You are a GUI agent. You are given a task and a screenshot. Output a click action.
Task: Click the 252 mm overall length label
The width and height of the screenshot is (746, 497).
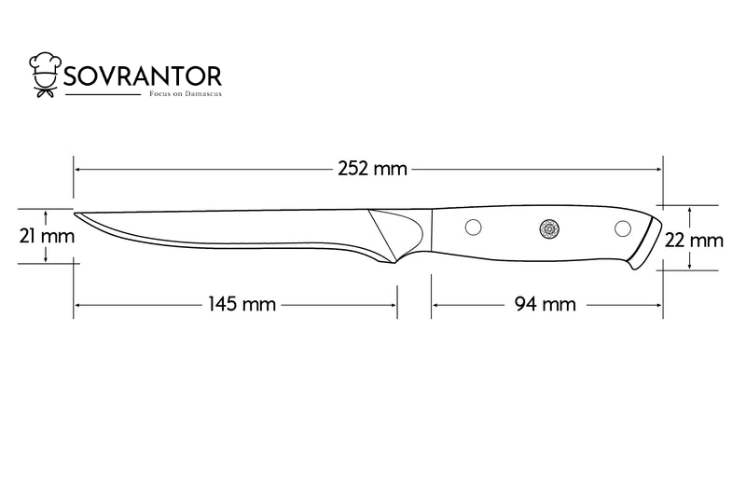coord(372,169)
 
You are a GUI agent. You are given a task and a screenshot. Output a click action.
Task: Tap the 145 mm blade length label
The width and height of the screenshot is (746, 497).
coord(242,304)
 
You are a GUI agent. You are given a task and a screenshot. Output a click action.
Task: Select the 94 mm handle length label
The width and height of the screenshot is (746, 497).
coord(546,304)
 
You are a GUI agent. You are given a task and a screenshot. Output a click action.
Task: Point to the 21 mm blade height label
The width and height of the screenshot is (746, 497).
coord(47,236)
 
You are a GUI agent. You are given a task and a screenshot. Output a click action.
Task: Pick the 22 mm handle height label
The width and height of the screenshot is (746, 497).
coord(694,241)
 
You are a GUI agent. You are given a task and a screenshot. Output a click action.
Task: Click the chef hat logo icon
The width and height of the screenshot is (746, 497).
coord(45,75)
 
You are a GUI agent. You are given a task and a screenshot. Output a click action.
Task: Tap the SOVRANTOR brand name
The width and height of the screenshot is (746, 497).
coord(143,76)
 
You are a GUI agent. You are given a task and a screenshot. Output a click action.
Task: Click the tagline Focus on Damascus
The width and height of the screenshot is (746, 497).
coord(186,93)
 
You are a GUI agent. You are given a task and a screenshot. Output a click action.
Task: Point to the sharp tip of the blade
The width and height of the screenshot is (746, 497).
coord(75,214)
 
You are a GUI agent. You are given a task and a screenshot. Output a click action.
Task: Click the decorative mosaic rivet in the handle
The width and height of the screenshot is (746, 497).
coord(549,228)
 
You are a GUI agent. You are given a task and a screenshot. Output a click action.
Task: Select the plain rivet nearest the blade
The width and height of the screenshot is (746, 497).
coord(473,228)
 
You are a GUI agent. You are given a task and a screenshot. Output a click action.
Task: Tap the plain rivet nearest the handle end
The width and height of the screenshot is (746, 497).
coord(623,228)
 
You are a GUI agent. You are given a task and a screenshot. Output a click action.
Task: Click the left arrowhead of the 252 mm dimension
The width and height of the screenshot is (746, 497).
coord(77,169)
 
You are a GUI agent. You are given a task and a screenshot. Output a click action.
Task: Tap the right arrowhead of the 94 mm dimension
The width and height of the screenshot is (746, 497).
coord(659,305)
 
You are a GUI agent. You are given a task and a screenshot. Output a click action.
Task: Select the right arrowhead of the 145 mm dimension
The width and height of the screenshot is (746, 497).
coord(394,305)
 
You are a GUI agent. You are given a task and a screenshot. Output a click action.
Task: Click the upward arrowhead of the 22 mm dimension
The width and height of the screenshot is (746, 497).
coord(689,209)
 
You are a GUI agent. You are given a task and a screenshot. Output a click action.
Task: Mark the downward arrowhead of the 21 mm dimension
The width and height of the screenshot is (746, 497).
coord(45,259)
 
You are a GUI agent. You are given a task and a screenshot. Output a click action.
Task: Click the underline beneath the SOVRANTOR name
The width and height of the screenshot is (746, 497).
coord(103,94)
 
